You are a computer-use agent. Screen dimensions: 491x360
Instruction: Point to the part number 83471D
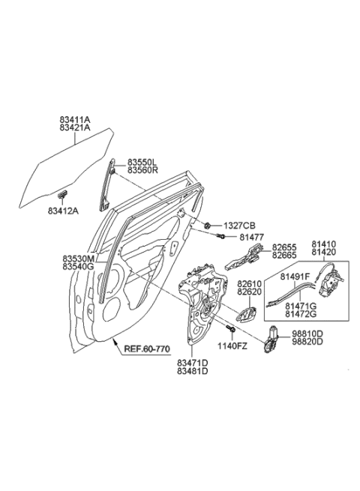click(x=193, y=364)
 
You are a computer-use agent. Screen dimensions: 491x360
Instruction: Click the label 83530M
click(x=78, y=258)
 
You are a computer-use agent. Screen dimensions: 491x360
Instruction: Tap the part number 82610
click(x=251, y=284)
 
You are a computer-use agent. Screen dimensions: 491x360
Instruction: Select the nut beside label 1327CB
click(x=207, y=224)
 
